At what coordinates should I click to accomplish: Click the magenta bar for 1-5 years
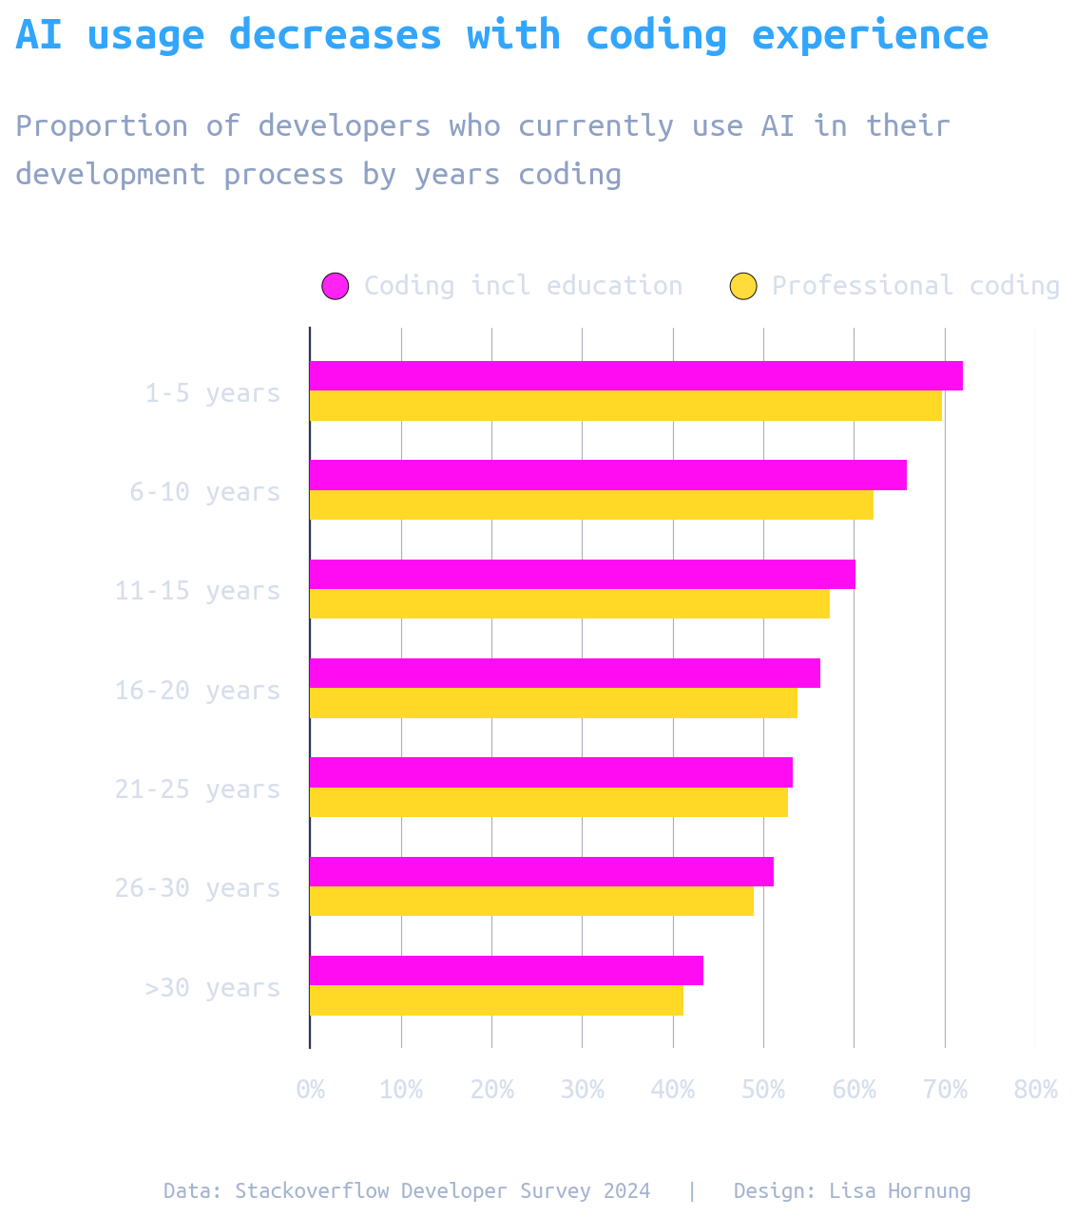pyautogui.click(x=636, y=376)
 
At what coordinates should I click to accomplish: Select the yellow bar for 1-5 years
pyautogui.click(x=625, y=406)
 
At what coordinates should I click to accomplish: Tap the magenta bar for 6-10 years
pyautogui.click(x=608, y=475)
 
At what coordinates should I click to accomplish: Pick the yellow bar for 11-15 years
pyautogui.click(x=569, y=604)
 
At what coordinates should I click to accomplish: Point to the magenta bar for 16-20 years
pyautogui.click(x=565, y=674)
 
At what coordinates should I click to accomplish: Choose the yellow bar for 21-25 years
pyautogui.click(x=548, y=803)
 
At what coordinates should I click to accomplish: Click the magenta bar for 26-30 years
pyautogui.click(x=542, y=872)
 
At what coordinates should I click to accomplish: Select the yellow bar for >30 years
pyautogui.click(x=496, y=1000)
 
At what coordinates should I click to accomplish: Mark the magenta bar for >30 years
pyautogui.click(x=507, y=971)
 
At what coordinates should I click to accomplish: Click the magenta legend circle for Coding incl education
pyautogui.click(x=336, y=286)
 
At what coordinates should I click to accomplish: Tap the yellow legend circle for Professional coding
pyautogui.click(x=743, y=286)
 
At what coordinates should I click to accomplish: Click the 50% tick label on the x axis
pyautogui.click(x=763, y=1090)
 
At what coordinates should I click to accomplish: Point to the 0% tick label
pyautogui.click(x=310, y=1090)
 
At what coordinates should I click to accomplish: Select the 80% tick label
pyautogui.click(x=1035, y=1090)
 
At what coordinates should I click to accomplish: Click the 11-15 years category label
pyautogui.click(x=198, y=591)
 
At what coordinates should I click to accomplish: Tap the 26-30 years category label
pyautogui.click(x=198, y=888)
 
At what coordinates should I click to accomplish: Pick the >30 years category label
pyautogui.click(x=212, y=988)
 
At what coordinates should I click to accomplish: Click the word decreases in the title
pyautogui.click(x=336, y=36)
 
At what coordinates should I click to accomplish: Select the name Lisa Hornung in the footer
pyautogui.click(x=900, y=1191)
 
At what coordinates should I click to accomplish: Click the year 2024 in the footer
pyautogui.click(x=626, y=1191)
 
